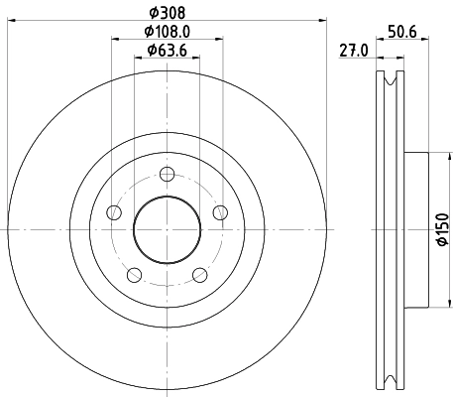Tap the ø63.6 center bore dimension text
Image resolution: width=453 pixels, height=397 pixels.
[x=167, y=50]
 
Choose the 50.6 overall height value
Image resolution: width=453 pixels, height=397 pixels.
[x=400, y=33]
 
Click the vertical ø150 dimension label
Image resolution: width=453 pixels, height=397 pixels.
[x=443, y=230]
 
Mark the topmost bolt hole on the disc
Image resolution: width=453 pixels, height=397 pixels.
[x=167, y=176]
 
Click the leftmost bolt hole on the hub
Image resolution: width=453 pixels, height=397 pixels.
[x=114, y=213]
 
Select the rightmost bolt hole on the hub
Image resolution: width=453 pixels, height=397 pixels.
[x=219, y=213]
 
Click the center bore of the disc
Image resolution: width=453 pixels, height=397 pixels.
[x=167, y=230]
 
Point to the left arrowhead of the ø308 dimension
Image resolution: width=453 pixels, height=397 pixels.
[x=12, y=25]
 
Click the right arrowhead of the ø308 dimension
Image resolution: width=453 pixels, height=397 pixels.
[x=322, y=25]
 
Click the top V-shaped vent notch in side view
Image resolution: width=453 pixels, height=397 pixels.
[x=388, y=81]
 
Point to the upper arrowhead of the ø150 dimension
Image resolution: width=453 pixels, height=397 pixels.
[x=432, y=158]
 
